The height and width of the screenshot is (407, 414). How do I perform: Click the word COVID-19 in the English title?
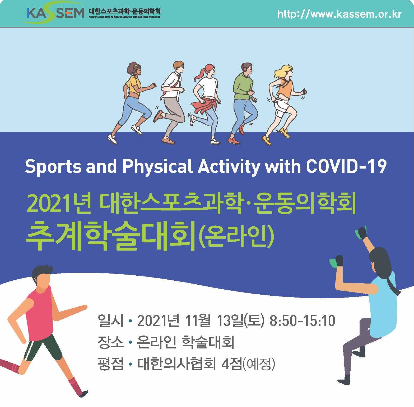point(346,167)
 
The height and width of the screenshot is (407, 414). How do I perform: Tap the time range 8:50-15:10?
point(302,321)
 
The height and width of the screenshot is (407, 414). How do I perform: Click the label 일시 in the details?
point(110,321)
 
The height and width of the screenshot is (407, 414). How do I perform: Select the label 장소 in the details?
point(110,343)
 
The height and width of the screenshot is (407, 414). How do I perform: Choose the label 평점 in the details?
point(110,364)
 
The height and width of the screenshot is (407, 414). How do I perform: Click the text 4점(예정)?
point(248,364)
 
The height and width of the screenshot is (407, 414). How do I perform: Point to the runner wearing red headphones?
point(244,103)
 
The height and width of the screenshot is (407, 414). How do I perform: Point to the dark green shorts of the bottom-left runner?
point(42,348)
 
